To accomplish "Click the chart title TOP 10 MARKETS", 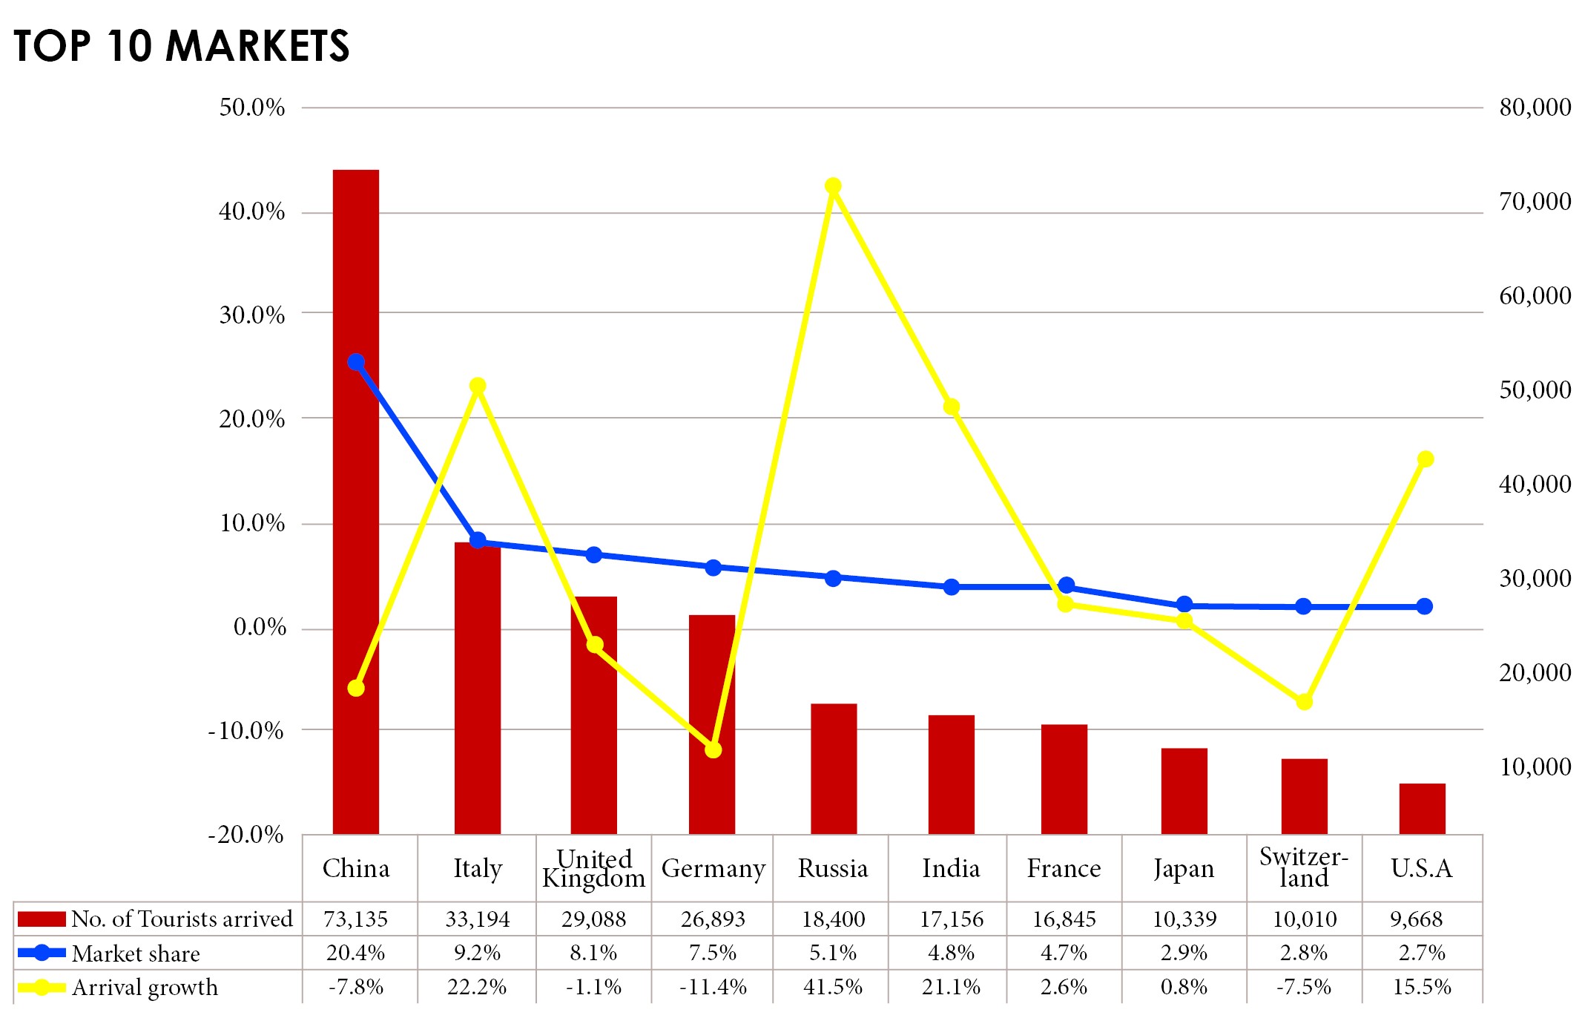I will [181, 46].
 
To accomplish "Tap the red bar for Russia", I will [834, 769].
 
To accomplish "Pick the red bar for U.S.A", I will [1422, 809].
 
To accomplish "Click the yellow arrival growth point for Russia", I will [833, 186].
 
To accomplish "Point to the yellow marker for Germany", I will [713, 750].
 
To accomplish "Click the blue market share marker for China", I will [356, 362].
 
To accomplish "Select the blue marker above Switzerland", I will [1303, 606].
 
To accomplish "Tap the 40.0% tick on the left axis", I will [251, 212].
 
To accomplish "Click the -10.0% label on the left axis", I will [246, 731].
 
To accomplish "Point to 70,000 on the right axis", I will [1535, 202].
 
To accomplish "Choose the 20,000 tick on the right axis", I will [1535, 673].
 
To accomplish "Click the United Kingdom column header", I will [593, 869].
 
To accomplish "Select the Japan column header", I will [1184, 869].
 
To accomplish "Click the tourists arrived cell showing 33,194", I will [477, 919].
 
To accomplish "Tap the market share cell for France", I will [1064, 953].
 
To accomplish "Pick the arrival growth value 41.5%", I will [832, 988].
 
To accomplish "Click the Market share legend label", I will [136, 953].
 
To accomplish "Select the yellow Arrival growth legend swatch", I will [42, 988].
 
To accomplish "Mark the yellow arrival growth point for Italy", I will [478, 386].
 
